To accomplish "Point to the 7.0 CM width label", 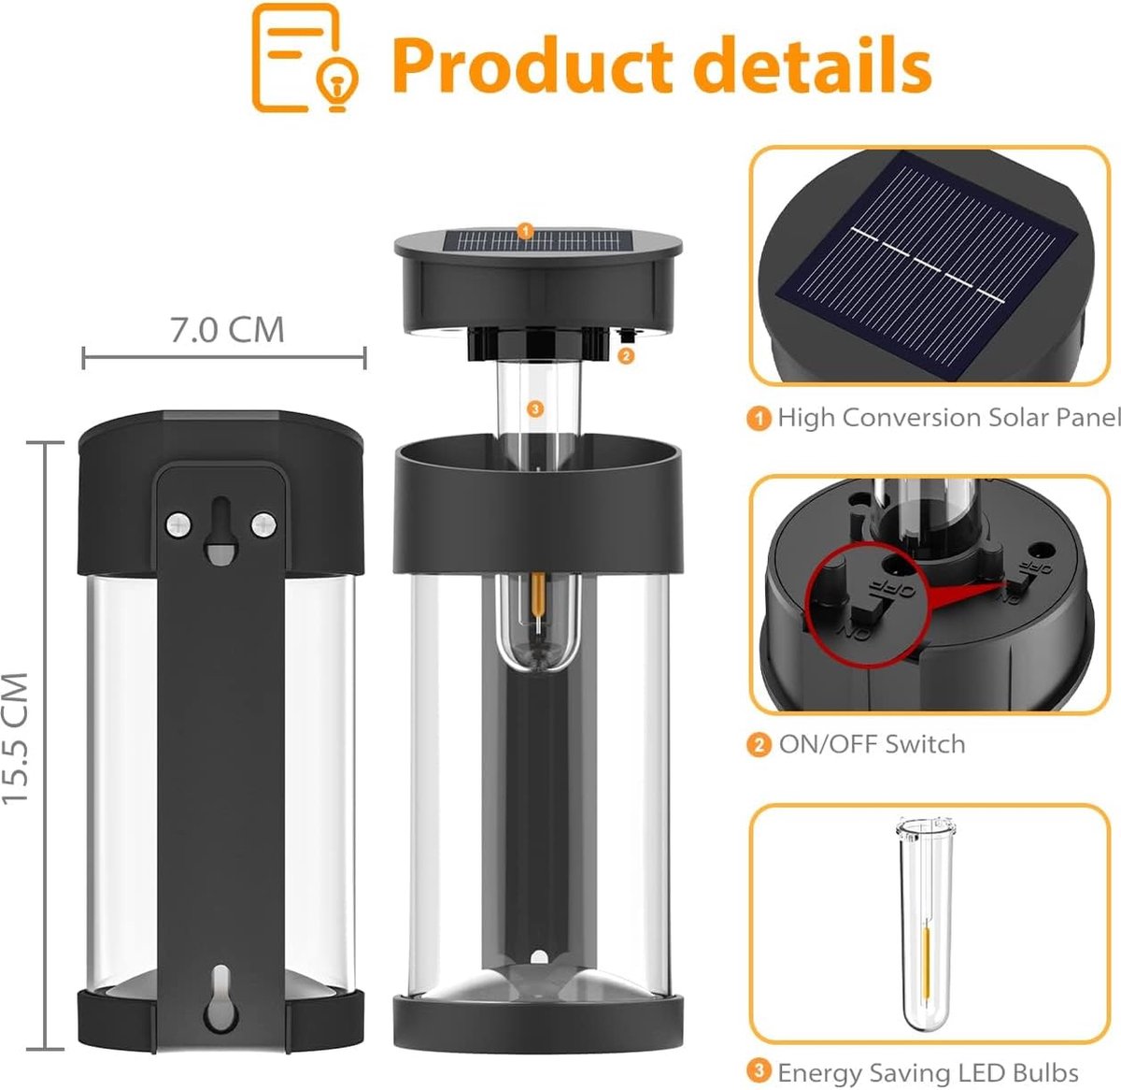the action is [x=227, y=330].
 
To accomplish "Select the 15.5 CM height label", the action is [x=16, y=739].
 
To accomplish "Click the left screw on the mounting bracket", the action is [x=178, y=523].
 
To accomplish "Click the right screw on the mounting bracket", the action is [x=263, y=524].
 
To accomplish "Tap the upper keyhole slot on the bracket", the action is [x=221, y=530].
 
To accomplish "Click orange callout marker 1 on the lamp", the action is [x=525, y=232].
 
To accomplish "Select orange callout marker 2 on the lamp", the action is [x=626, y=355].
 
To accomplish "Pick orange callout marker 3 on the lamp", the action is [x=535, y=409].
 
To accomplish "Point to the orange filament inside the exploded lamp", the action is [x=537, y=595].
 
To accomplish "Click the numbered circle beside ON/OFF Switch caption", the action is [x=759, y=745].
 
